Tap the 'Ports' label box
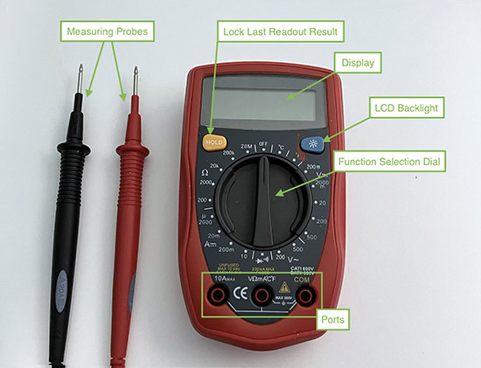[336, 320]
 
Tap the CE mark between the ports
[240, 295]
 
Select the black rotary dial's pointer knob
[264, 205]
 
